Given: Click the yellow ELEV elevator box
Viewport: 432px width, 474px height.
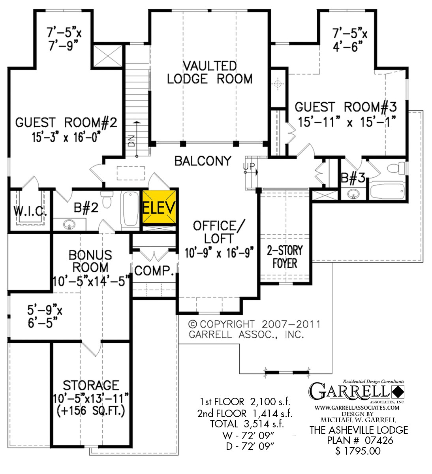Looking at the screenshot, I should click(159, 207).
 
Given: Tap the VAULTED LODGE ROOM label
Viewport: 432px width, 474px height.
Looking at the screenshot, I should click(210, 72).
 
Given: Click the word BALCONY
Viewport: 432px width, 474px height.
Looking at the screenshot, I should click(203, 161).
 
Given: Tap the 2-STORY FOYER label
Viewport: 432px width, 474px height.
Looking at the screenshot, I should click(285, 256).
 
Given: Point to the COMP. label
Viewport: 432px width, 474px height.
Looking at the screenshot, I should click(154, 271).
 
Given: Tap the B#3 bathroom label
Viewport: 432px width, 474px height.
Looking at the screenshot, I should click(353, 179).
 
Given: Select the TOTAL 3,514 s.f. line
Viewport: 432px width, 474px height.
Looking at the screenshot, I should click(246, 424).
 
